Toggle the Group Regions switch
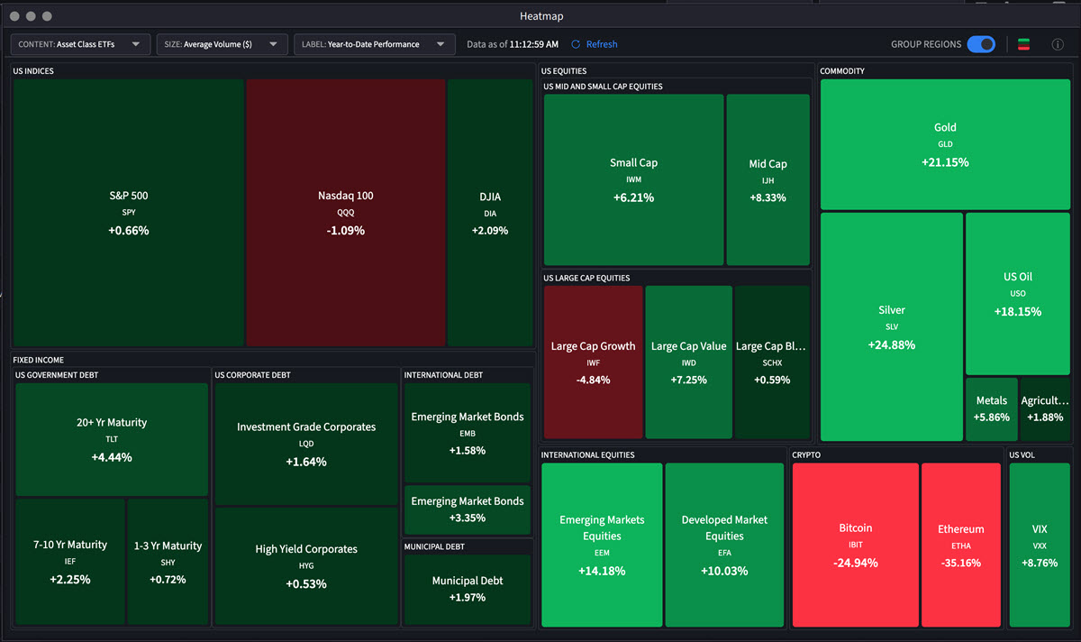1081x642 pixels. [x=980, y=44]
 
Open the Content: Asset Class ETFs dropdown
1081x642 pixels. [x=80, y=44]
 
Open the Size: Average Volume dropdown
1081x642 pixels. [x=222, y=44]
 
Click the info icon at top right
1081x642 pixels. [x=1058, y=44]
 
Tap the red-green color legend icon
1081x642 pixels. [x=1023, y=44]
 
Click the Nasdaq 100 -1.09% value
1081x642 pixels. [x=346, y=230]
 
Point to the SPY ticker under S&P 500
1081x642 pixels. [x=128, y=213]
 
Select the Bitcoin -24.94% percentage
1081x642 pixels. [x=855, y=563]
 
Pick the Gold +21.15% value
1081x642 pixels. [x=945, y=162]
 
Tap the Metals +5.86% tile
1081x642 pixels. [x=992, y=409]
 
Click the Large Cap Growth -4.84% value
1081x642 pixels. [x=593, y=380]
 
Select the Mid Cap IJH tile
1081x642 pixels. [x=768, y=180]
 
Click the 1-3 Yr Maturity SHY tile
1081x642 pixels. [x=168, y=562]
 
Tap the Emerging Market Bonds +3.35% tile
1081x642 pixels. [x=467, y=509]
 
